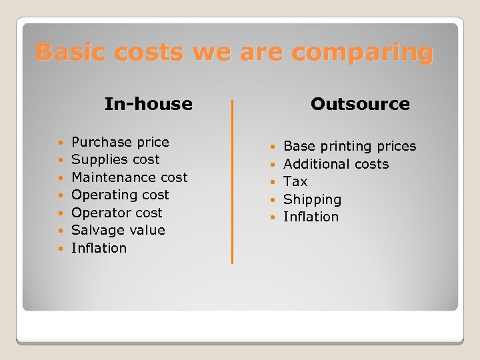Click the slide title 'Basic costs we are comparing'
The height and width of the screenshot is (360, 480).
pyautogui.click(x=234, y=52)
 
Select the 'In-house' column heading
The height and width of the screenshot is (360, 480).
pyautogui.click(x=148, y=104)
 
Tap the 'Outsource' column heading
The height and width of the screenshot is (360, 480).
pyautogui.click(x=360, y=104)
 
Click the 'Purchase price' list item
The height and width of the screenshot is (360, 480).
pyautogui.click(x=120, y=142)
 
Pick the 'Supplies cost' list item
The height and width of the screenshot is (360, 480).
pyautogui.click(x=115, y=159)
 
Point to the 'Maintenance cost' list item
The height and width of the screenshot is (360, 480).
pyautogui.click(x=129, y=177)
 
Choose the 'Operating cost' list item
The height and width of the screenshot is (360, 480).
pyautogui.click(x=120, y=195)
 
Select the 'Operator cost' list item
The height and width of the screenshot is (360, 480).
pyautogui.click(x=117, y=213)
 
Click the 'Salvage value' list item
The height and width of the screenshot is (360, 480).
pyautogui.click(x=118, y=230)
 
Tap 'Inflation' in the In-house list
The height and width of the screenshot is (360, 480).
pyautogui.click(x=99, y=248)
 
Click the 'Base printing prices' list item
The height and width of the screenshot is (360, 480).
pyautogui.click(x=349, y=146)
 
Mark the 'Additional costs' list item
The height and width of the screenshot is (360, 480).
pyautogui.click(x=336, y=164)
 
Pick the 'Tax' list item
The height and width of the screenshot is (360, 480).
pyautogui.click(x=295, y=181)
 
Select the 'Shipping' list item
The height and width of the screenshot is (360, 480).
pyautogui.click(x=312, y=199)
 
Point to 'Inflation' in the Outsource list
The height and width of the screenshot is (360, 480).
pyautogui.click(x=311, y=217)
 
